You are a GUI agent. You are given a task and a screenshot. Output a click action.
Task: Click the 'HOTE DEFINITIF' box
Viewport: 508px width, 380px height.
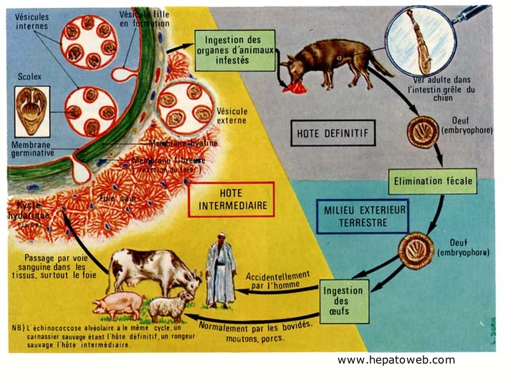coord(333,133)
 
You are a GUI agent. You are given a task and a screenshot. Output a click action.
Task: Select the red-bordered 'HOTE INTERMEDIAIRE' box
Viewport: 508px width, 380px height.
coord(231,199)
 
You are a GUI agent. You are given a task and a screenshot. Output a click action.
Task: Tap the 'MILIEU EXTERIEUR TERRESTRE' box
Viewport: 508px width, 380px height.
coord(362,216)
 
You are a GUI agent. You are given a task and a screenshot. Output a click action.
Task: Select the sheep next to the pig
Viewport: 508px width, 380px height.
coord(171,306)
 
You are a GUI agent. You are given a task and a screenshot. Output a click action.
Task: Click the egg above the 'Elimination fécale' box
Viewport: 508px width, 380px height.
coord(423,132)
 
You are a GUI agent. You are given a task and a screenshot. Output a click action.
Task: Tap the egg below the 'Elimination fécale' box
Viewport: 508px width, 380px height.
coord(416,250)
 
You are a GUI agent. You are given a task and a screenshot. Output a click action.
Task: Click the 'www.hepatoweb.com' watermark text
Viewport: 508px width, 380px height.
coord(396,360)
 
